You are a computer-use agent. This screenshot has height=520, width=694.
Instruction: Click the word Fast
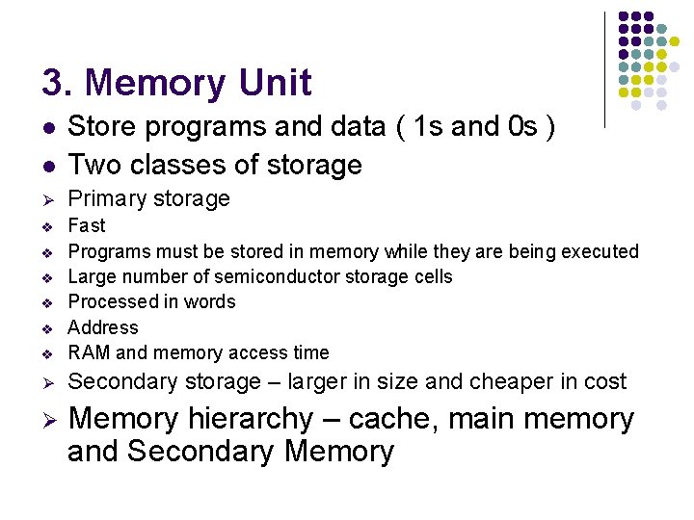(87, 225)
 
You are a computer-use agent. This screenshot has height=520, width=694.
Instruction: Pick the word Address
(103, 327)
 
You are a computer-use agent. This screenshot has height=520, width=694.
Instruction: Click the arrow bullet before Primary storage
(46, 199)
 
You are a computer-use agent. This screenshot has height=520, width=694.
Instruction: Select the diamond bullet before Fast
(46, 227)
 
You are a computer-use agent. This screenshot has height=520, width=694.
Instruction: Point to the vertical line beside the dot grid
(604, 67)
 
